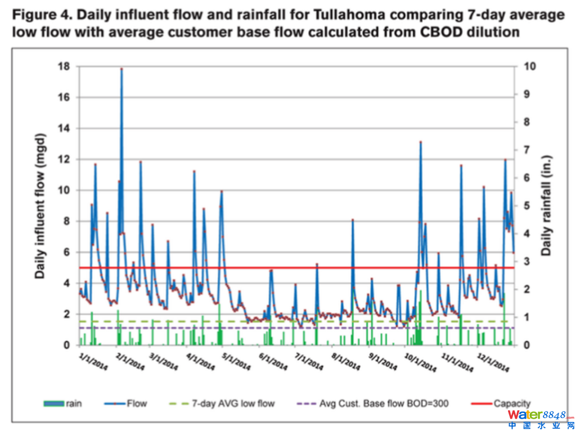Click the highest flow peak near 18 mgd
pos(122,69)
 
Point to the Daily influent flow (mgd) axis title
pos(40,206)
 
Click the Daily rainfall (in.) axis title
pos(545,206)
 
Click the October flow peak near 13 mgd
pos(420,143)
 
